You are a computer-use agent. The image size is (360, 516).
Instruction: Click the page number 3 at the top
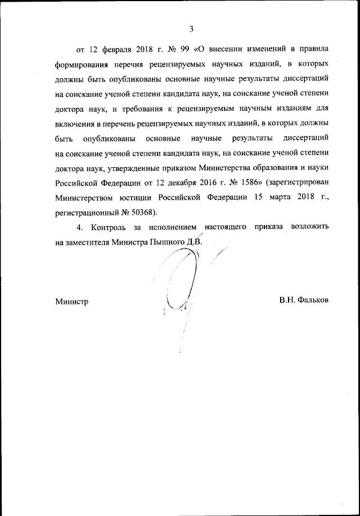191,29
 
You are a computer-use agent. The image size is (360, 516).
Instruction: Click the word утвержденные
134,167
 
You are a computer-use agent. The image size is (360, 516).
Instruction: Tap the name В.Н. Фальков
303,300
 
